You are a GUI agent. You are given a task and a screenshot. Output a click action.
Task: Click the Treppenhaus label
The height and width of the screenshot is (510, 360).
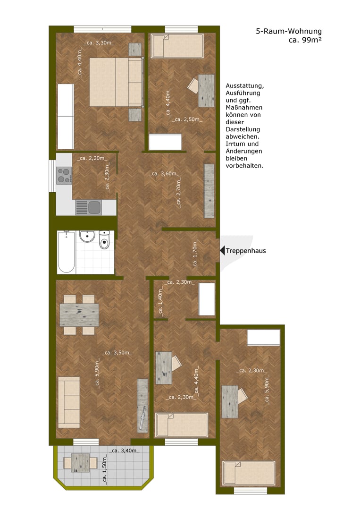(x=246, y=251)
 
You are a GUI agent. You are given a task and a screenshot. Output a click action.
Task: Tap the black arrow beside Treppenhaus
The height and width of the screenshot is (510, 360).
(x=222, y=251)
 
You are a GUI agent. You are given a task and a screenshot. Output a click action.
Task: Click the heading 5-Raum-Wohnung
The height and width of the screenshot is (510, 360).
(x=289, y=31)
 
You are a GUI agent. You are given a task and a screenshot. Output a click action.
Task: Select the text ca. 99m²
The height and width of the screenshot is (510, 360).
(x=305, y=40)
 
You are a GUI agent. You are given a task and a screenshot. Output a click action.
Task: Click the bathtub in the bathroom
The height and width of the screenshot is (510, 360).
(x=66, y=252)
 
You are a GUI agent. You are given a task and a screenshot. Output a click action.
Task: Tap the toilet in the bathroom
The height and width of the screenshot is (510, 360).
(x=104, y=240)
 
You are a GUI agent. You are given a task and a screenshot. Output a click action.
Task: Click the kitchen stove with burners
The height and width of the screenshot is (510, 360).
(x=64, y=176)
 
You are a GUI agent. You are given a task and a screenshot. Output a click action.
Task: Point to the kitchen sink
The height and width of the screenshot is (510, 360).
(x=89, y=208)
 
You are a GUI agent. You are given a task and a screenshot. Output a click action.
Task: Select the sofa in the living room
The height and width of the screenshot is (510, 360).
(x=68, y=402)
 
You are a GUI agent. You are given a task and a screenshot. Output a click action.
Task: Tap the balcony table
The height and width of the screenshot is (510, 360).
(x=81, y=462)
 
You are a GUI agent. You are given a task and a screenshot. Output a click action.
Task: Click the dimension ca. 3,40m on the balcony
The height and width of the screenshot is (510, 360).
(x=124, y=451)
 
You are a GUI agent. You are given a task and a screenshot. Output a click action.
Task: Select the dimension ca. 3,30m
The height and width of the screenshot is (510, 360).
(x=99, y=43)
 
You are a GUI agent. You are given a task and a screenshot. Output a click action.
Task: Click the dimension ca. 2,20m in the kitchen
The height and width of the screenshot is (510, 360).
(x=92, y=158)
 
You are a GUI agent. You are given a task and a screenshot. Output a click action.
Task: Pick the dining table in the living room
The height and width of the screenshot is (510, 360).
(x=79, y=315)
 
